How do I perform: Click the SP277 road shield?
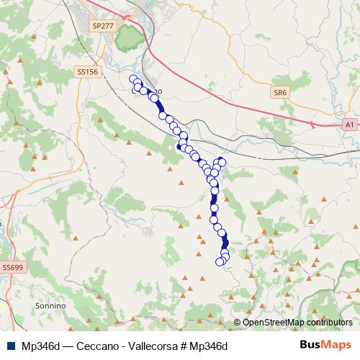[104, 25]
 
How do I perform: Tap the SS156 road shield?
[86, 72]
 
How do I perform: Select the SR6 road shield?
[279, 93]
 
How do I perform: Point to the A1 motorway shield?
[349, 125]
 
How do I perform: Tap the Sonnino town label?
[50, 306]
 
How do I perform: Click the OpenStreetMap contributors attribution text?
[297, 322]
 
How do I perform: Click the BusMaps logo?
[324, 345]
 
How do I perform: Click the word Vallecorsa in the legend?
[141, 346]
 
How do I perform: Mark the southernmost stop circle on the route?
[220, 261]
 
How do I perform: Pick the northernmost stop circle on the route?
[132, 78]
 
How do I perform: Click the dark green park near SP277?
[130, 36]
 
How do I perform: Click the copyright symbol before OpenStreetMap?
[238, 322]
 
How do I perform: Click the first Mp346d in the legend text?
[41, 346]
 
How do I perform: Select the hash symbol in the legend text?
[176, 346]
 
